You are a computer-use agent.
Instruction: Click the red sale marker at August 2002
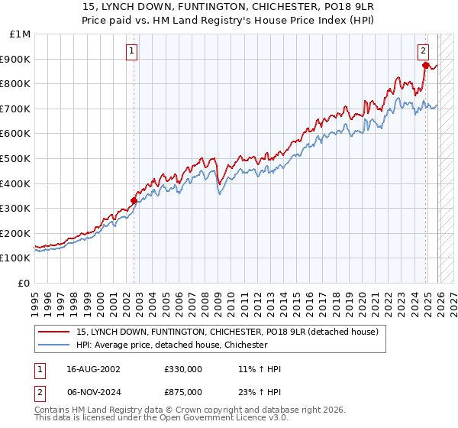134,200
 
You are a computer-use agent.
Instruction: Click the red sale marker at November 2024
425,65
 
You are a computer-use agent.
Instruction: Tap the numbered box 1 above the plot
132,51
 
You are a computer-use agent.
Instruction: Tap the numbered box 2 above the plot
423,51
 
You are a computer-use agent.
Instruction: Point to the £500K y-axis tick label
15,158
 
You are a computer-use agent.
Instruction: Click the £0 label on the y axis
24,283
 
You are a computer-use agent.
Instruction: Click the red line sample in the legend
54,332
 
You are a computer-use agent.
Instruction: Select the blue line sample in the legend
54,345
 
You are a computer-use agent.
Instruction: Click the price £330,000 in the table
183,369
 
